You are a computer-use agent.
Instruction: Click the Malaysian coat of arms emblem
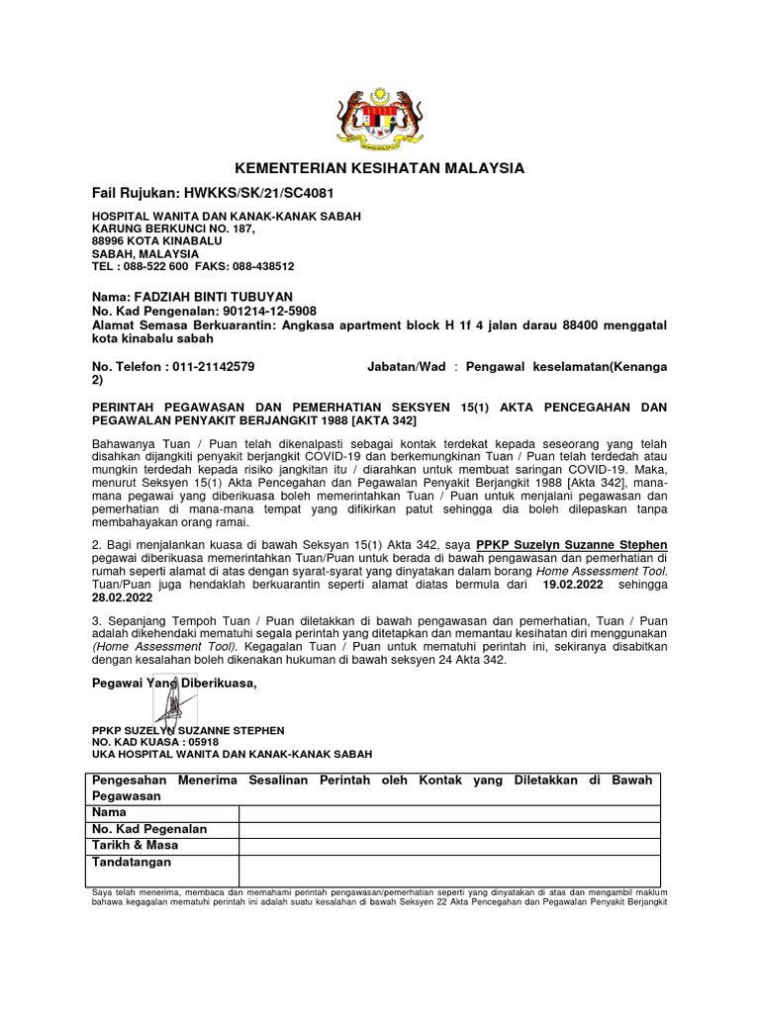[379, 115]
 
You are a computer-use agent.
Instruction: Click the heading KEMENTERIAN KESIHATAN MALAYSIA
[379, 168]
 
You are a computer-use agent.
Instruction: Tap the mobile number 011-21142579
[210, 366]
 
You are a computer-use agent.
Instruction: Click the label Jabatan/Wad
[406, 366]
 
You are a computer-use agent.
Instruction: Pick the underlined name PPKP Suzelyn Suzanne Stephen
[571, 545]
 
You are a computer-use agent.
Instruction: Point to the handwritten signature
[175, 704]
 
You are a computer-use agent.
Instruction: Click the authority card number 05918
[200, 742]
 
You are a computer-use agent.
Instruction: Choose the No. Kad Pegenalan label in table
[149, 829]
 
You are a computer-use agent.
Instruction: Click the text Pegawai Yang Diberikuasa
[174, 684]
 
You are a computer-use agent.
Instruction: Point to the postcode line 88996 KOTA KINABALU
[157, 240]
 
